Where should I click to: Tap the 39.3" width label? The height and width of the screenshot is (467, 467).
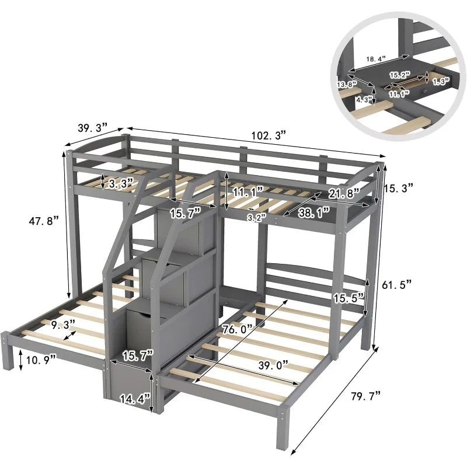pyautogui.click(x=92, y=128)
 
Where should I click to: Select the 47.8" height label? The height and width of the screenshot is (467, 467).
pyautogui.click(x=44, y=221)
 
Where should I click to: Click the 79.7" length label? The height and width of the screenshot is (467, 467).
pyautogui.click(x=366, y=396)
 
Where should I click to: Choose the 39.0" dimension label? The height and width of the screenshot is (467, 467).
pyautogui.click(x=273, y=365)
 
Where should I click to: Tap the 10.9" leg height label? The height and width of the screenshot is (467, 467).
pyautogui.click(x=41, y=360)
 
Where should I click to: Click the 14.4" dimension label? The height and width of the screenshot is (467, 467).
pyautogui.click(x=135, y=399)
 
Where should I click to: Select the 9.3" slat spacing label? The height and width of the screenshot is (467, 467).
pyautogui.click(x=63, y=325)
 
